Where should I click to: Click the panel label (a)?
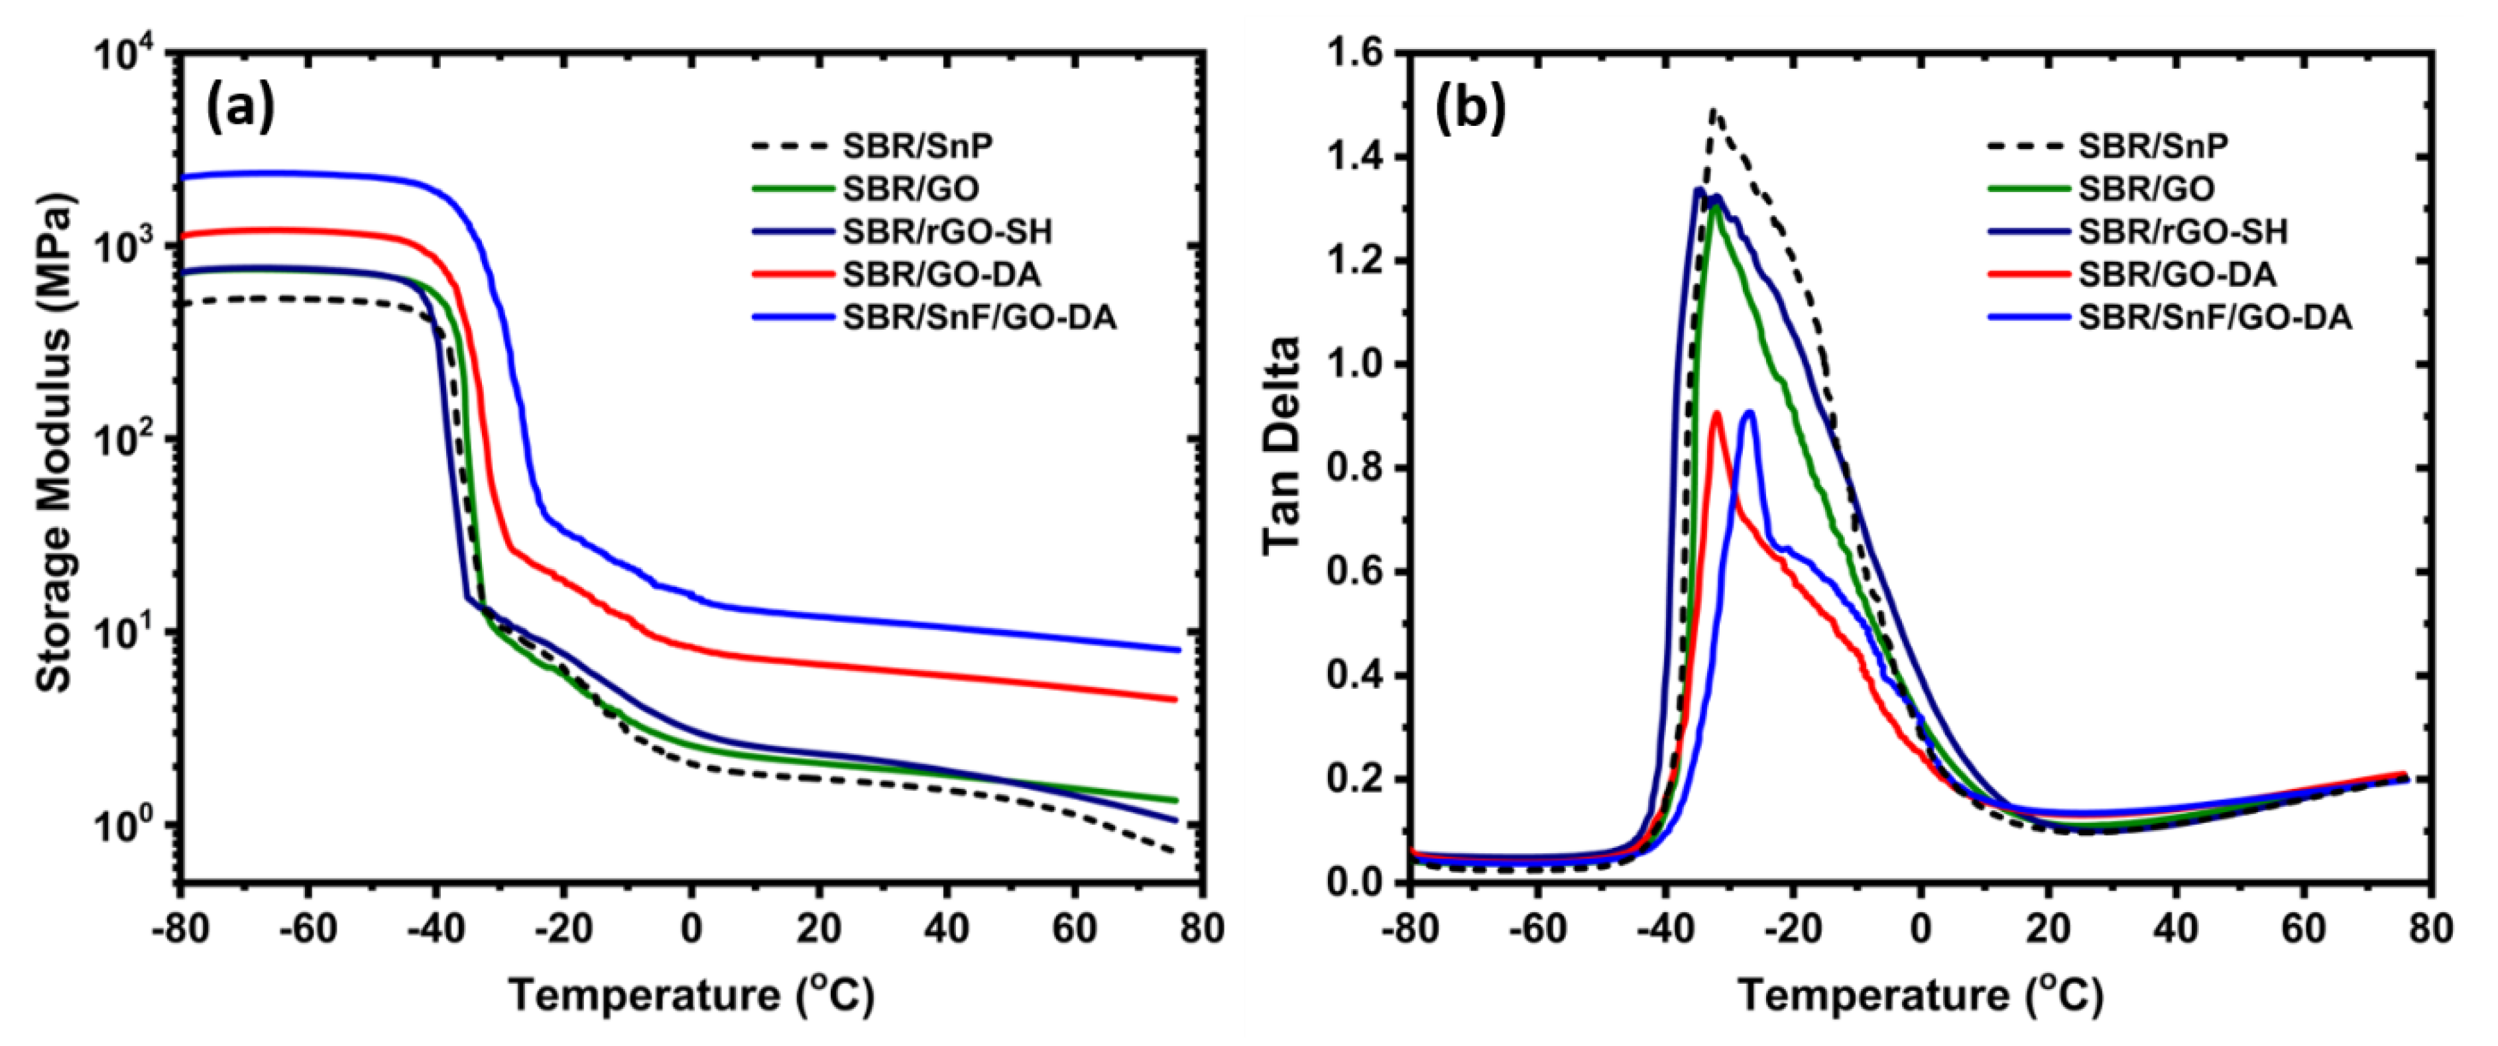(241, 109)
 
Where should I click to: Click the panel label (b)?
(1470, 109)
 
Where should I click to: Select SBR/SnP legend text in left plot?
(918, 146)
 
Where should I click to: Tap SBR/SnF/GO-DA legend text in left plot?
(979, 317)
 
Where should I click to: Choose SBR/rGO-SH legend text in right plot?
(2182, 232)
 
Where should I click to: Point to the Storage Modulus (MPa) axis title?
(54, 442)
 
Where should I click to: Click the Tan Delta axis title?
(1282, 445)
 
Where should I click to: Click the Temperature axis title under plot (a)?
(691, 994)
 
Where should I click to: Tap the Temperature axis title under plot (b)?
(1920, 994)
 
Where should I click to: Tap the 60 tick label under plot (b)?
(2303, 929)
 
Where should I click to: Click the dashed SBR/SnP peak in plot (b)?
(1714, 111)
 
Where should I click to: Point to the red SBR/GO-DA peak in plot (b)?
(1716, 414)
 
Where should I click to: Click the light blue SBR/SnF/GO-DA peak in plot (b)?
(1750, 413)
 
